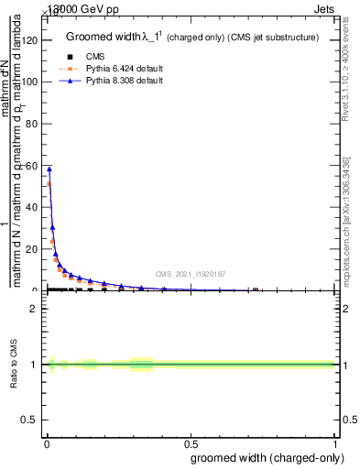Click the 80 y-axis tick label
(30, 124)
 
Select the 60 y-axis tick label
(30, 166)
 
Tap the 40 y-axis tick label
(30, 207)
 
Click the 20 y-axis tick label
(30, 249)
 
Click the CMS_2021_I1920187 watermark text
(191, 274)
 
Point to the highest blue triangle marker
(49, 169)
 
